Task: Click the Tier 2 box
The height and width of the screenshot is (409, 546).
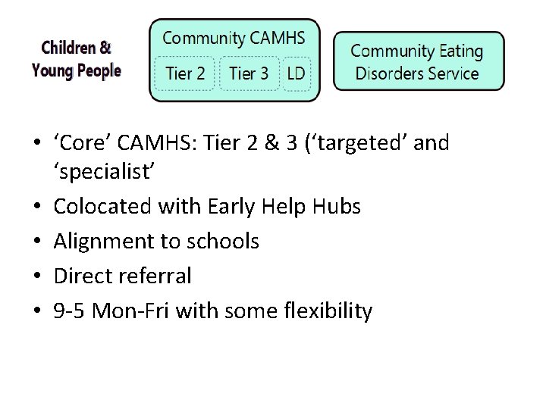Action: pos(185,73)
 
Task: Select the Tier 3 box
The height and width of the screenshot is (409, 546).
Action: pos(249,73)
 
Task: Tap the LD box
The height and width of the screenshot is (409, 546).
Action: pos(297,73)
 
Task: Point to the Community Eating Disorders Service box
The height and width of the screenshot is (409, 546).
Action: pos(418,62)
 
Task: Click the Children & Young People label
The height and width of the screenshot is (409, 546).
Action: pos(76,60)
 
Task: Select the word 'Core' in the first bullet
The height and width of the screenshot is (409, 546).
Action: pos(79,142)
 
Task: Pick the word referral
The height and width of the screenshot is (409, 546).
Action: pos(154,276)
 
